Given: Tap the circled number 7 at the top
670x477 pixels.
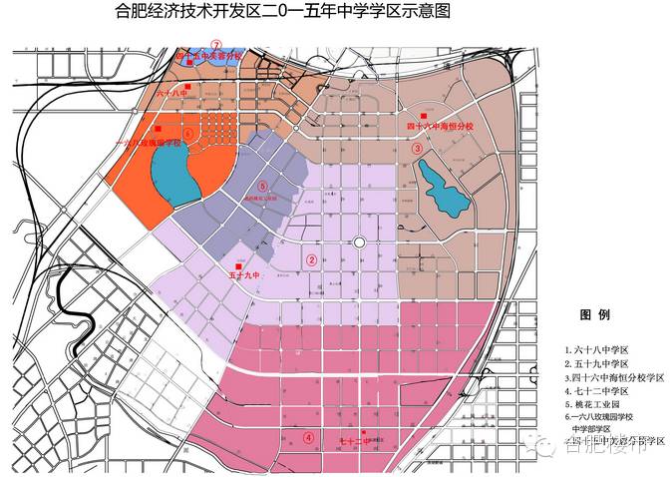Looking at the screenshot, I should [x=215, y=45].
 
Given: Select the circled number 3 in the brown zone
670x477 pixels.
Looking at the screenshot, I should [x=418, y=148].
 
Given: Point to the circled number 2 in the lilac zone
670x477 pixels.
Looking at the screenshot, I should [x=311, y=260].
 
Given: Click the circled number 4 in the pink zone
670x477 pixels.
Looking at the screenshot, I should [x=309, y=437].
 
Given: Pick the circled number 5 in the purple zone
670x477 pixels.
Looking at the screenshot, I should [x=262, y=186].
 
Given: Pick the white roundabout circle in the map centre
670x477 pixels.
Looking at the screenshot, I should [x=360, y=242].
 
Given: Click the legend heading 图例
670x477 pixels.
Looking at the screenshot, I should [x=595, y=314].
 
